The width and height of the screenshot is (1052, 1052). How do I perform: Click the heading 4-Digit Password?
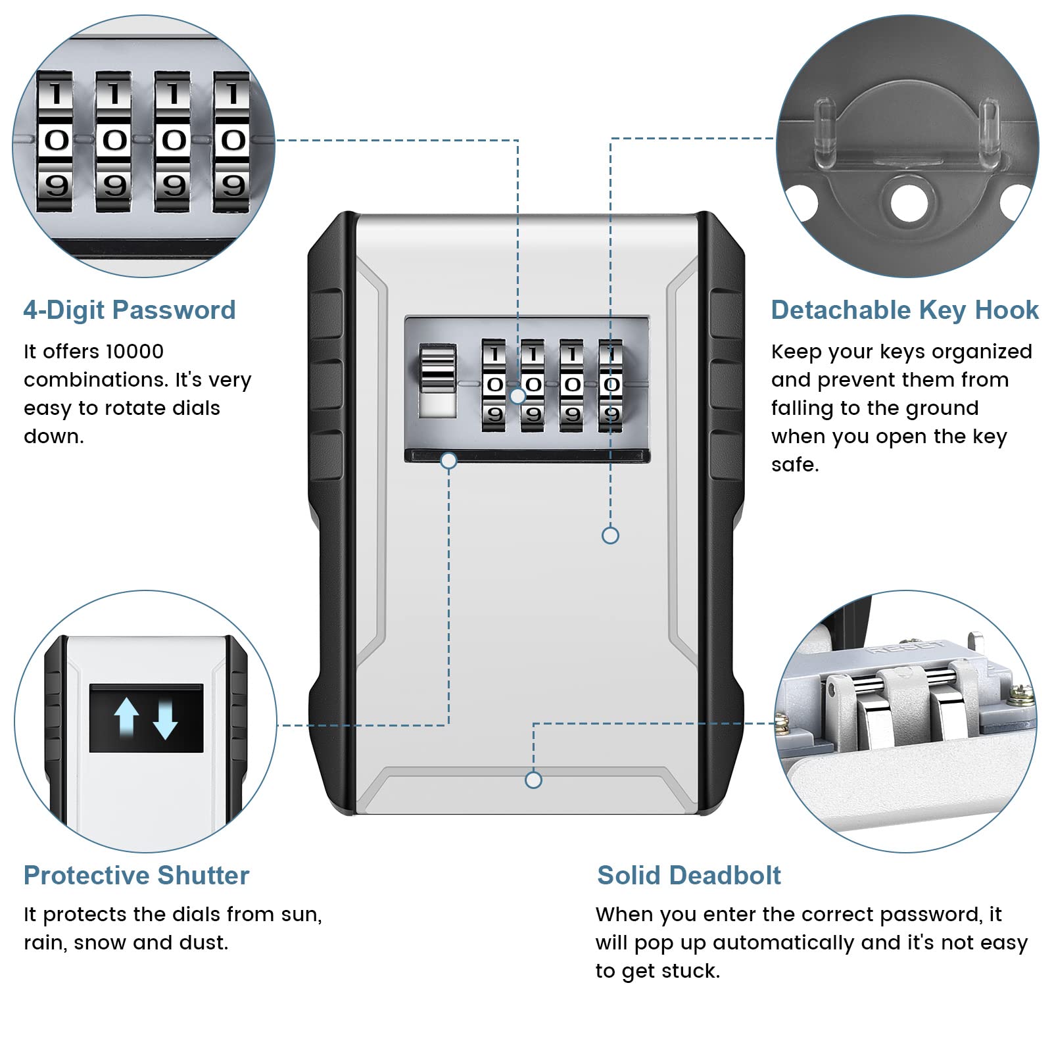pos(130,310)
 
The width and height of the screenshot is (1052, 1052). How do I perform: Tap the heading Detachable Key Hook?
pos(905,310)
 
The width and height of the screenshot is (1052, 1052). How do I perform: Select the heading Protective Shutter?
pos(137,875)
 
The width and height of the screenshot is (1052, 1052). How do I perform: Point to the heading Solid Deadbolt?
pos(689,875)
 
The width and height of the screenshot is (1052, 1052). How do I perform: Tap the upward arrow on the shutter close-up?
pos(126,716)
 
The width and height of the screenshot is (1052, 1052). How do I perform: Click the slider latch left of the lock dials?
pos(437,381)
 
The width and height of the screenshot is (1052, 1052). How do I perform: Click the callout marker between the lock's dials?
pos(518,396)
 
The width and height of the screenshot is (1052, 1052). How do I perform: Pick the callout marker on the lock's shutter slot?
pos(449,461)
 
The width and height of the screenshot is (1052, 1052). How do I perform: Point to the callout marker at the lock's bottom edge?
pos(533,780)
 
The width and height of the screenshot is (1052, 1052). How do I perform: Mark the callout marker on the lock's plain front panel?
pos(610,535)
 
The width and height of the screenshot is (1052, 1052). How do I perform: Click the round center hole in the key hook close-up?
pos(906,198)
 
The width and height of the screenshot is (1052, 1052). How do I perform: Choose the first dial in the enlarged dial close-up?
pos(56,141)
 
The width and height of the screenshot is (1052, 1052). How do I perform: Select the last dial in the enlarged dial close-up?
pos(232,141)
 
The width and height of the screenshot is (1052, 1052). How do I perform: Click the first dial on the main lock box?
pos(494,385)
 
